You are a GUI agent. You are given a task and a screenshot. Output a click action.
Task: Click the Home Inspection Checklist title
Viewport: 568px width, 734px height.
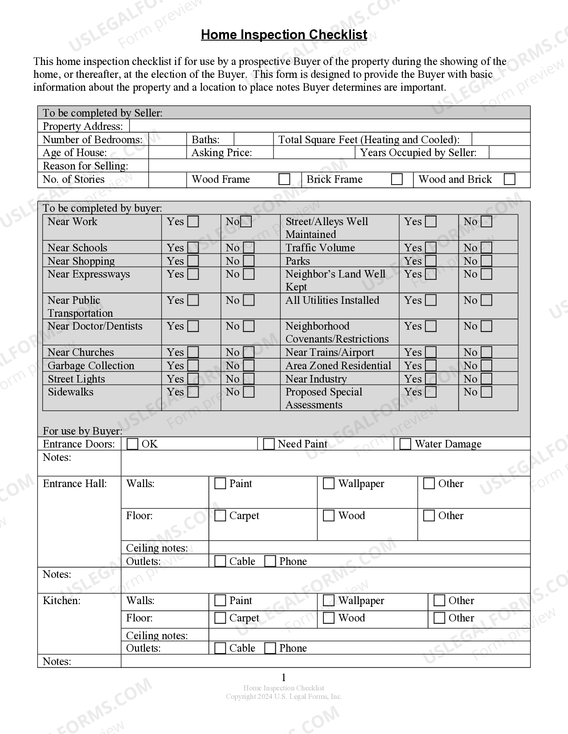click(x=284, y=35)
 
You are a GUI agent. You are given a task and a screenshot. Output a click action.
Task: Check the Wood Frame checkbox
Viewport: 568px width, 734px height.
click(x=284, y=179)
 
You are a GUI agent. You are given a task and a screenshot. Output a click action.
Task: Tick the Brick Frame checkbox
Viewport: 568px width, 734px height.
click(x=396, y=179)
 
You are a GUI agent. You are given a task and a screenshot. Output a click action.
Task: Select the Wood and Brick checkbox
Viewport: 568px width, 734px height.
click(x=509, y=179)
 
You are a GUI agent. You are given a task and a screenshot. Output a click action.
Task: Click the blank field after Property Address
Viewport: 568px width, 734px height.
click(x=330, y=126)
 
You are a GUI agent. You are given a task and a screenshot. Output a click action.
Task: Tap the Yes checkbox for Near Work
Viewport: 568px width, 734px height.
click(x=193, y=222)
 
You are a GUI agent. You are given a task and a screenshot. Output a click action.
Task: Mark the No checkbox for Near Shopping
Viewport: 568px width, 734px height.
click(x=249, y=261)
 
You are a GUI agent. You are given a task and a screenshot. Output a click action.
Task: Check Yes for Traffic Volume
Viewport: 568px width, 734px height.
click(x=431, y=248)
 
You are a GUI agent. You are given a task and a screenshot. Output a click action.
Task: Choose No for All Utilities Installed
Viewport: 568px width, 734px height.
click(x=486, y=300)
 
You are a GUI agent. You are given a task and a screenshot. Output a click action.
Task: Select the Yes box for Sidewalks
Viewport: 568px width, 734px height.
click(x=193, y=392)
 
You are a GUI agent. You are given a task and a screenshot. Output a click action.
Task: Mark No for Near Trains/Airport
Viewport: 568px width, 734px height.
click(x=486, y=352)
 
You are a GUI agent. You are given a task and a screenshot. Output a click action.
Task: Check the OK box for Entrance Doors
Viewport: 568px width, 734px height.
click(x=132, y=444)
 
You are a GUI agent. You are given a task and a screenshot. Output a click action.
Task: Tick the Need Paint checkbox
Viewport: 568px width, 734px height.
click(x=269, y=444)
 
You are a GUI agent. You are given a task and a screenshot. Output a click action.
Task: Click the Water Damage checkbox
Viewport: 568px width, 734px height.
click(x=405, y=444)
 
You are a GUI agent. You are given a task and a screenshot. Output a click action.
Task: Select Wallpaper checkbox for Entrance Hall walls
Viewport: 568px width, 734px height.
click(x=329, y=484)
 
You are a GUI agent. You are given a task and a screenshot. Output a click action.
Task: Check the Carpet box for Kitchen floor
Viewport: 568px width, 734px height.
click(x=220, y=618)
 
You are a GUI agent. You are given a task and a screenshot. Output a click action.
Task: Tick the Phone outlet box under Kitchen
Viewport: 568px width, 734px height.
click(x=270, y=648)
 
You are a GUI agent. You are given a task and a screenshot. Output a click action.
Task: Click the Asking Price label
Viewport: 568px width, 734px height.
click(x=221, y=153)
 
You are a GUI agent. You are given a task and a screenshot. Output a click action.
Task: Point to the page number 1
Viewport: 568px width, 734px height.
click(x=284, y=678)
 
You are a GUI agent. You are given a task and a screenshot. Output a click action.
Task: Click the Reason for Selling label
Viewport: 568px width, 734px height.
click(x=86, y=166)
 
